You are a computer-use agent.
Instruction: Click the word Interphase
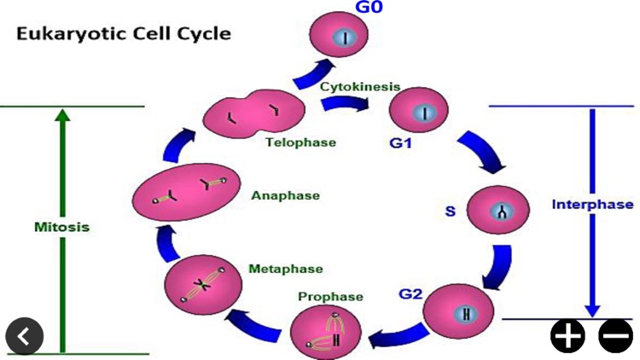(x=593, y=205)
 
